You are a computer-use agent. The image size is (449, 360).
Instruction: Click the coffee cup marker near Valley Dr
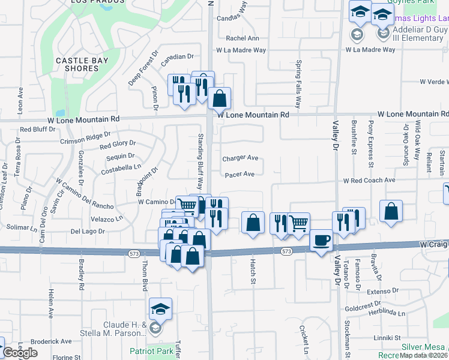pos(322,240)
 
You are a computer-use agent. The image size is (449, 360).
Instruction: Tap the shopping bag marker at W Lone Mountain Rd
pos(220,97)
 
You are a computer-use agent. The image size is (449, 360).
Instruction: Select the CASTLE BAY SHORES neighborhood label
pos(77,64)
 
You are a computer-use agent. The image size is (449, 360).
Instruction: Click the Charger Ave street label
pos(240,158)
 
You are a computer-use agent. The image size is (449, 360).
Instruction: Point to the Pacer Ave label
pos(240,175)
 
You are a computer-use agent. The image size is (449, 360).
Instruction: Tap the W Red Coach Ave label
pos(369,180)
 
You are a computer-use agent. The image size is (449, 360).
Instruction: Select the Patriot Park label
pos(152,351)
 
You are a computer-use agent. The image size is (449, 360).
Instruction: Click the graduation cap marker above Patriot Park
pos(160,308)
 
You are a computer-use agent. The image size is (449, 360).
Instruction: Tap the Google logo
pos(20,353)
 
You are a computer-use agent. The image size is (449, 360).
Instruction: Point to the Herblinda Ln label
pos(387,313)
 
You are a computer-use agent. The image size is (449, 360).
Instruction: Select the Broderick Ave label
pos(51,341)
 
